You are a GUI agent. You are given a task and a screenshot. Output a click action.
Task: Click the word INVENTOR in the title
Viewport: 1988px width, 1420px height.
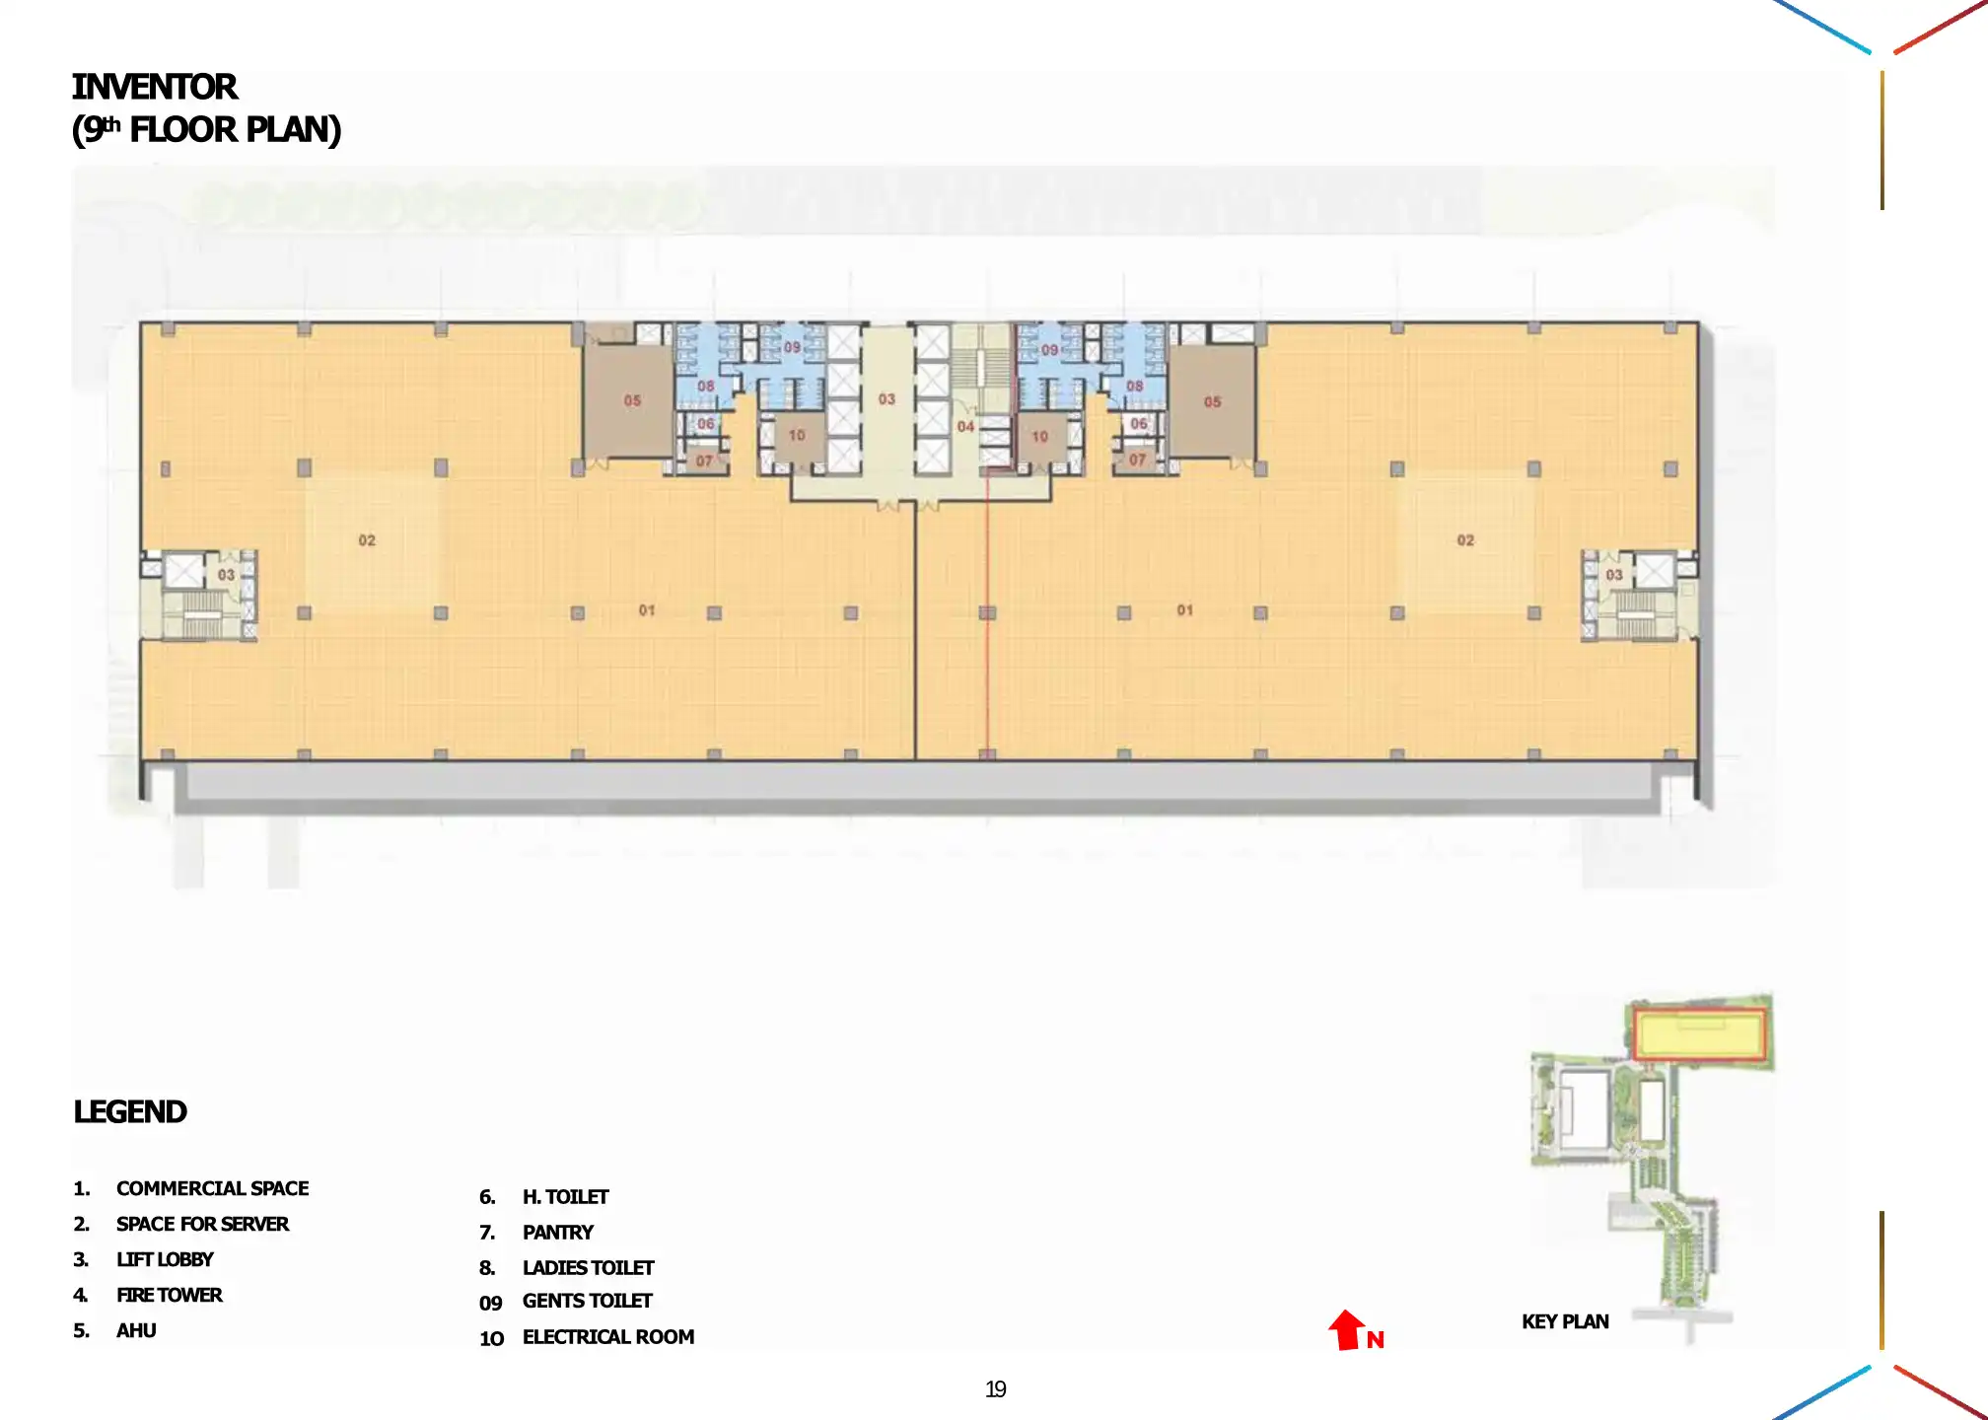tap(155, 87)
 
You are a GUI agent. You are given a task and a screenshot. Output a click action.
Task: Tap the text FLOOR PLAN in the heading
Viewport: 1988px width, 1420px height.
tap(235, 129)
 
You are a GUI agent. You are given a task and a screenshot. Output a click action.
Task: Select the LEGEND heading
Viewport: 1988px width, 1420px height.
tap(130, 1111)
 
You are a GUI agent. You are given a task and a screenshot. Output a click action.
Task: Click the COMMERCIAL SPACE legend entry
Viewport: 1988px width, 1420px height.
tap(212, 1188)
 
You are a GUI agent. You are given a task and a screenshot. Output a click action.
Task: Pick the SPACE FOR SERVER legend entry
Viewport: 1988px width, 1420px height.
tap(202, 1224)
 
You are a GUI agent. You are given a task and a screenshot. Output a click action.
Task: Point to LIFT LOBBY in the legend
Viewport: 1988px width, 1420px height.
tap(165, 1259)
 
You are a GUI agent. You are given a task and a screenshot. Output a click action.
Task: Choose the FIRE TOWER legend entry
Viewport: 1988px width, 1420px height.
tap(169, 1295)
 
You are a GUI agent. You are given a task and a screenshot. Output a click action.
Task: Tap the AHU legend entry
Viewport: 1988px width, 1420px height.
tap(136, 1330)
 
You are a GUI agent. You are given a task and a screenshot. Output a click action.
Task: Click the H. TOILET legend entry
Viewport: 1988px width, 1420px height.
tap(565, 1197)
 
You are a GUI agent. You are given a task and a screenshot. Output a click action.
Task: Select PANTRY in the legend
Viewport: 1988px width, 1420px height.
tap(557, 1233)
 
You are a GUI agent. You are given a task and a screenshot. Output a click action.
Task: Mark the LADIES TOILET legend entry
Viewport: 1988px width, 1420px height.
tap(588, 1268)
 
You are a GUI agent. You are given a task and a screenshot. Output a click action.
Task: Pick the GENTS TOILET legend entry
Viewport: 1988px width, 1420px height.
tap(587, 1302)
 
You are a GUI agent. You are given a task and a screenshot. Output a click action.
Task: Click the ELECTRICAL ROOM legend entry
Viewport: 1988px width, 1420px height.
tap(607, 1337)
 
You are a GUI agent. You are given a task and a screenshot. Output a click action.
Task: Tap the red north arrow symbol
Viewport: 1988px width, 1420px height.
tap(1345, 1329)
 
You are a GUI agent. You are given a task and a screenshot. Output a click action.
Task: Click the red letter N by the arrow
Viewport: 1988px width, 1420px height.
tap(1376, 1340)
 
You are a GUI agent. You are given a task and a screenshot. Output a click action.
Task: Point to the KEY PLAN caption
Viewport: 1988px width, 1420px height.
tap(1565, 1321)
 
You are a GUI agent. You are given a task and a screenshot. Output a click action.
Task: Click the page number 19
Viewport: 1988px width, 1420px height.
tap(996, 1389)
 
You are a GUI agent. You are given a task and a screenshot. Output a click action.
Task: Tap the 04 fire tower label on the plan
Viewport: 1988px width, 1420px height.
tap(965, 427)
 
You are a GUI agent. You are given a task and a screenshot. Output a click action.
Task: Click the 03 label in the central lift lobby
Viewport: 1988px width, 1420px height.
tap(887, 399)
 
